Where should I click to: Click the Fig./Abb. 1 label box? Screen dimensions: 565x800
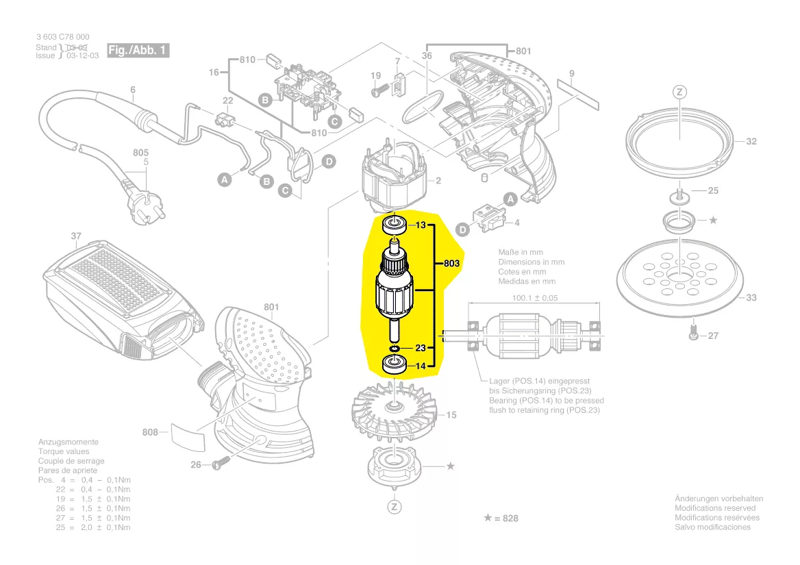click(138, 51)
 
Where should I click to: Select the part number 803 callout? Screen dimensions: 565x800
click(451, 263)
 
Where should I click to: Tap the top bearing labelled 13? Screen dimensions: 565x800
click(395, 224)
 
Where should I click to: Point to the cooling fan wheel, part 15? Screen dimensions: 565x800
click(394, 410)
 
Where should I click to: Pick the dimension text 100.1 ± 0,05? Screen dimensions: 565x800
click(534, 298)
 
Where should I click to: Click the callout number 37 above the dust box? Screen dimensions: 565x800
click(76, 236)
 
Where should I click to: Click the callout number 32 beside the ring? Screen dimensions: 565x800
click(751, 142)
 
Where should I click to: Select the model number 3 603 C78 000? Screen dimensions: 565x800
click(62, 37)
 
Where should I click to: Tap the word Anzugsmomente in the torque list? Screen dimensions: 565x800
click(68, 442)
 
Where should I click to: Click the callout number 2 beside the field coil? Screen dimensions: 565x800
click(438, 181)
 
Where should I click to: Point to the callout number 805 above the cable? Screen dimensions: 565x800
click(140, 153)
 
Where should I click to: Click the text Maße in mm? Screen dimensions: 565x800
click(521, 253)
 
